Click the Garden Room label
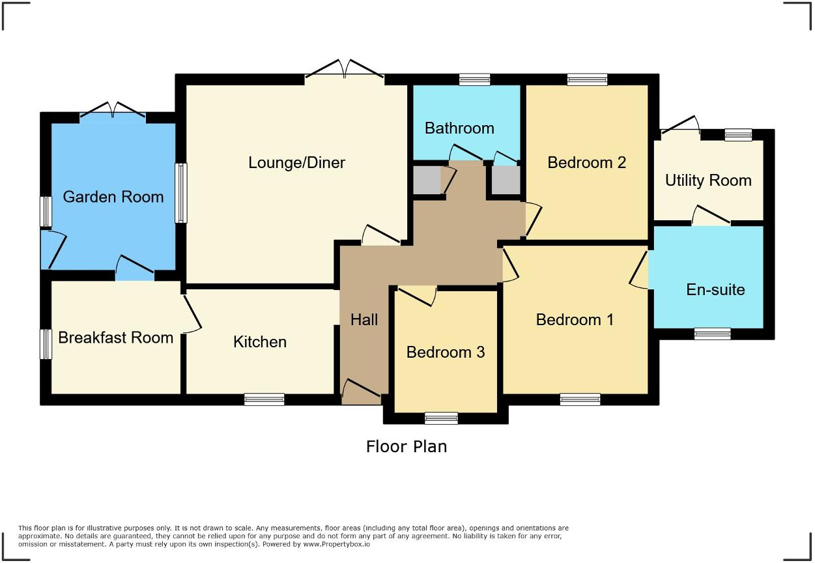click(113, 197)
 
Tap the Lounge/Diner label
click(296, 163)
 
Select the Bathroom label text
click(459, 128)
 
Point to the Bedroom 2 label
click(586, 163)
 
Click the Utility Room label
click(708, 180)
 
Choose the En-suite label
click(715, 290)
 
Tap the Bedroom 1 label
click(575, 320)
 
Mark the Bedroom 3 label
click(446, 353)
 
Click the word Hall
click(364, 320)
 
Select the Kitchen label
click(260, 342)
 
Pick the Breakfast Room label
click(116, 338)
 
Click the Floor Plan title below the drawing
click(407, 446)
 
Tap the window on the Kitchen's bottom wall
click(265, 399)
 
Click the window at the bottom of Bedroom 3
click(441, 418)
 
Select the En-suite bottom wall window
click(712, 334)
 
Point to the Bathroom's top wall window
click(474, 79)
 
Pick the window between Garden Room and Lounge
click(180, 193)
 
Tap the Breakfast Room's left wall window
click(46, 344)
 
